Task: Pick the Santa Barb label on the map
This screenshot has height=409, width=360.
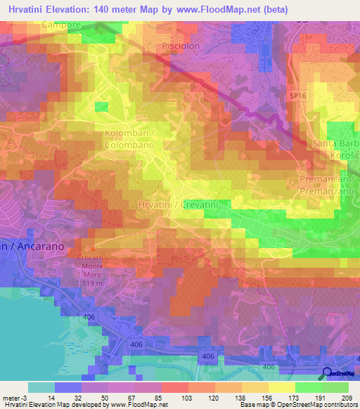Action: point(336,143)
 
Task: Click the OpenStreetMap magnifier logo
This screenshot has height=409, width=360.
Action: point(327,374)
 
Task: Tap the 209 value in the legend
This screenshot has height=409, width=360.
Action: point(346,397)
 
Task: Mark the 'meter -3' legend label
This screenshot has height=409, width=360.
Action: point(15,397)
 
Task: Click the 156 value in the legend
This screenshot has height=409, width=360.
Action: point(267,397)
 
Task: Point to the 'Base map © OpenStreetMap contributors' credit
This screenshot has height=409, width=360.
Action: point(299,405)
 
